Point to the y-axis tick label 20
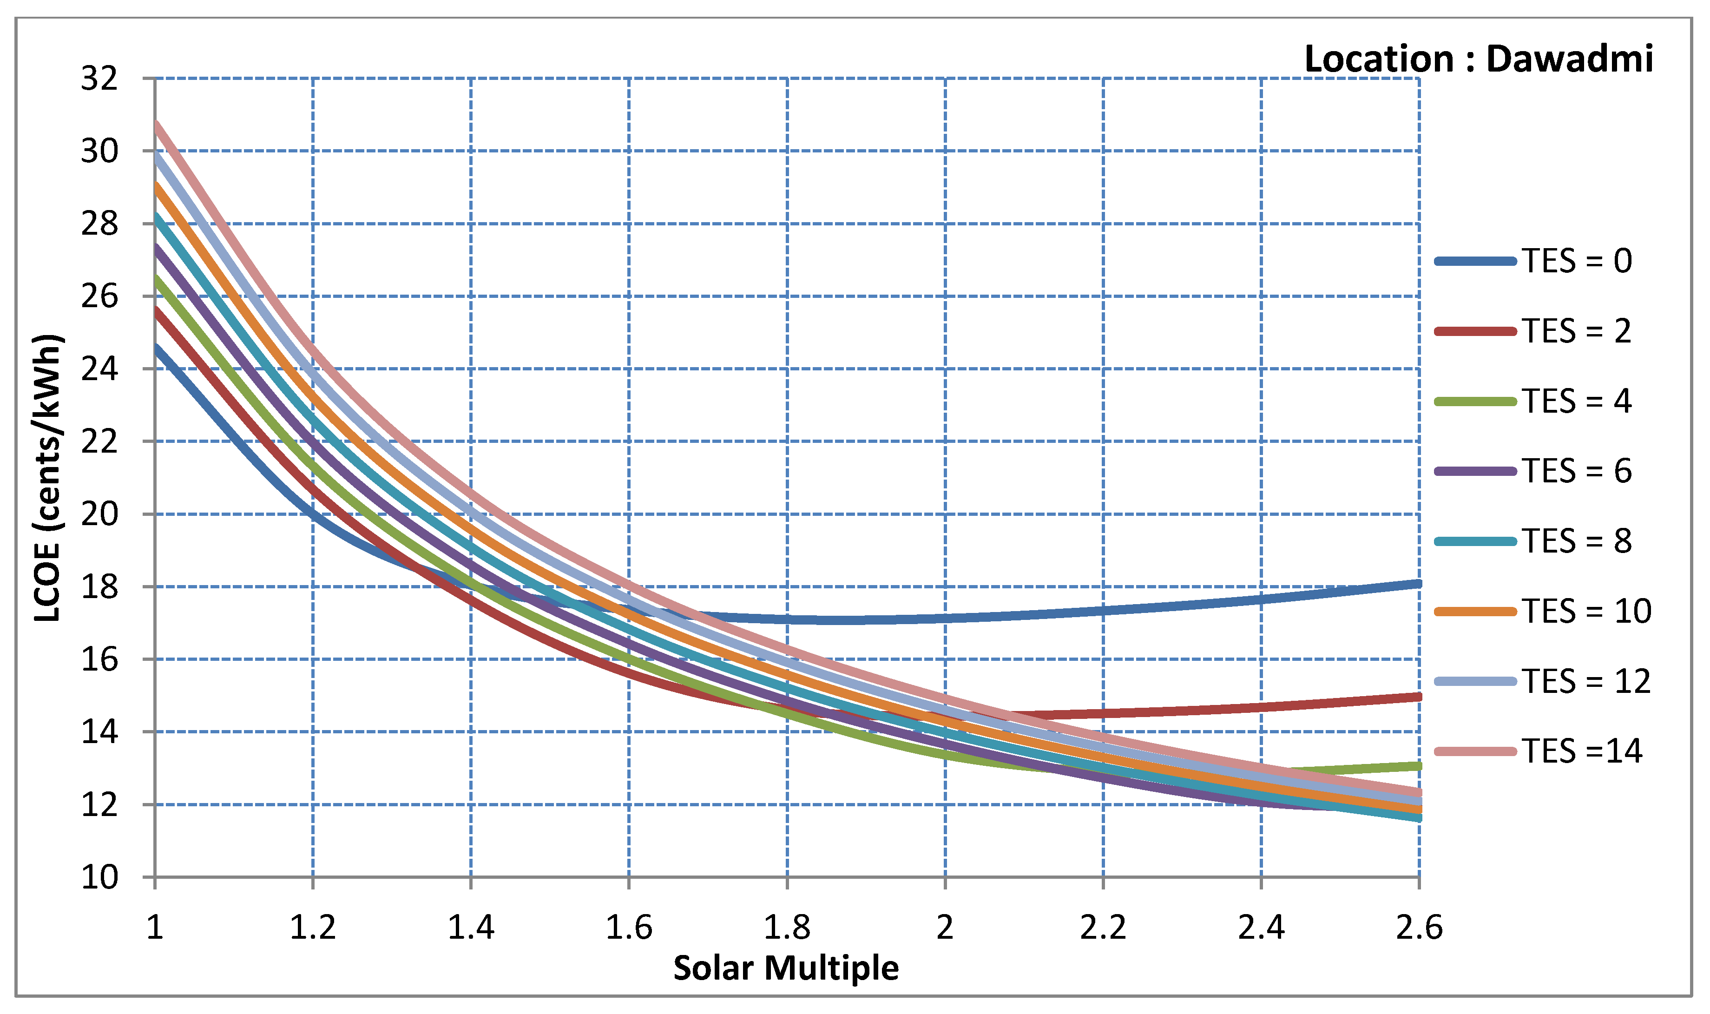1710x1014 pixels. (x=99, y=514)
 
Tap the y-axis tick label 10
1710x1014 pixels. (x=99, y=878)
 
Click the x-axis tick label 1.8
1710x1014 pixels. (x=787, y=928)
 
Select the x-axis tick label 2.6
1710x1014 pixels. (x=1419, y=928)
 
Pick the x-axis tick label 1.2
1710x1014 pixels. (x=313, y=928)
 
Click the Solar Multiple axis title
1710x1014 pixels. (x=786, y=968)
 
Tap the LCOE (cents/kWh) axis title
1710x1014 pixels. (x=48, y=478)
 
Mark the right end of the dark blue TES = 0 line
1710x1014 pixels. (x=1418, y=584)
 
